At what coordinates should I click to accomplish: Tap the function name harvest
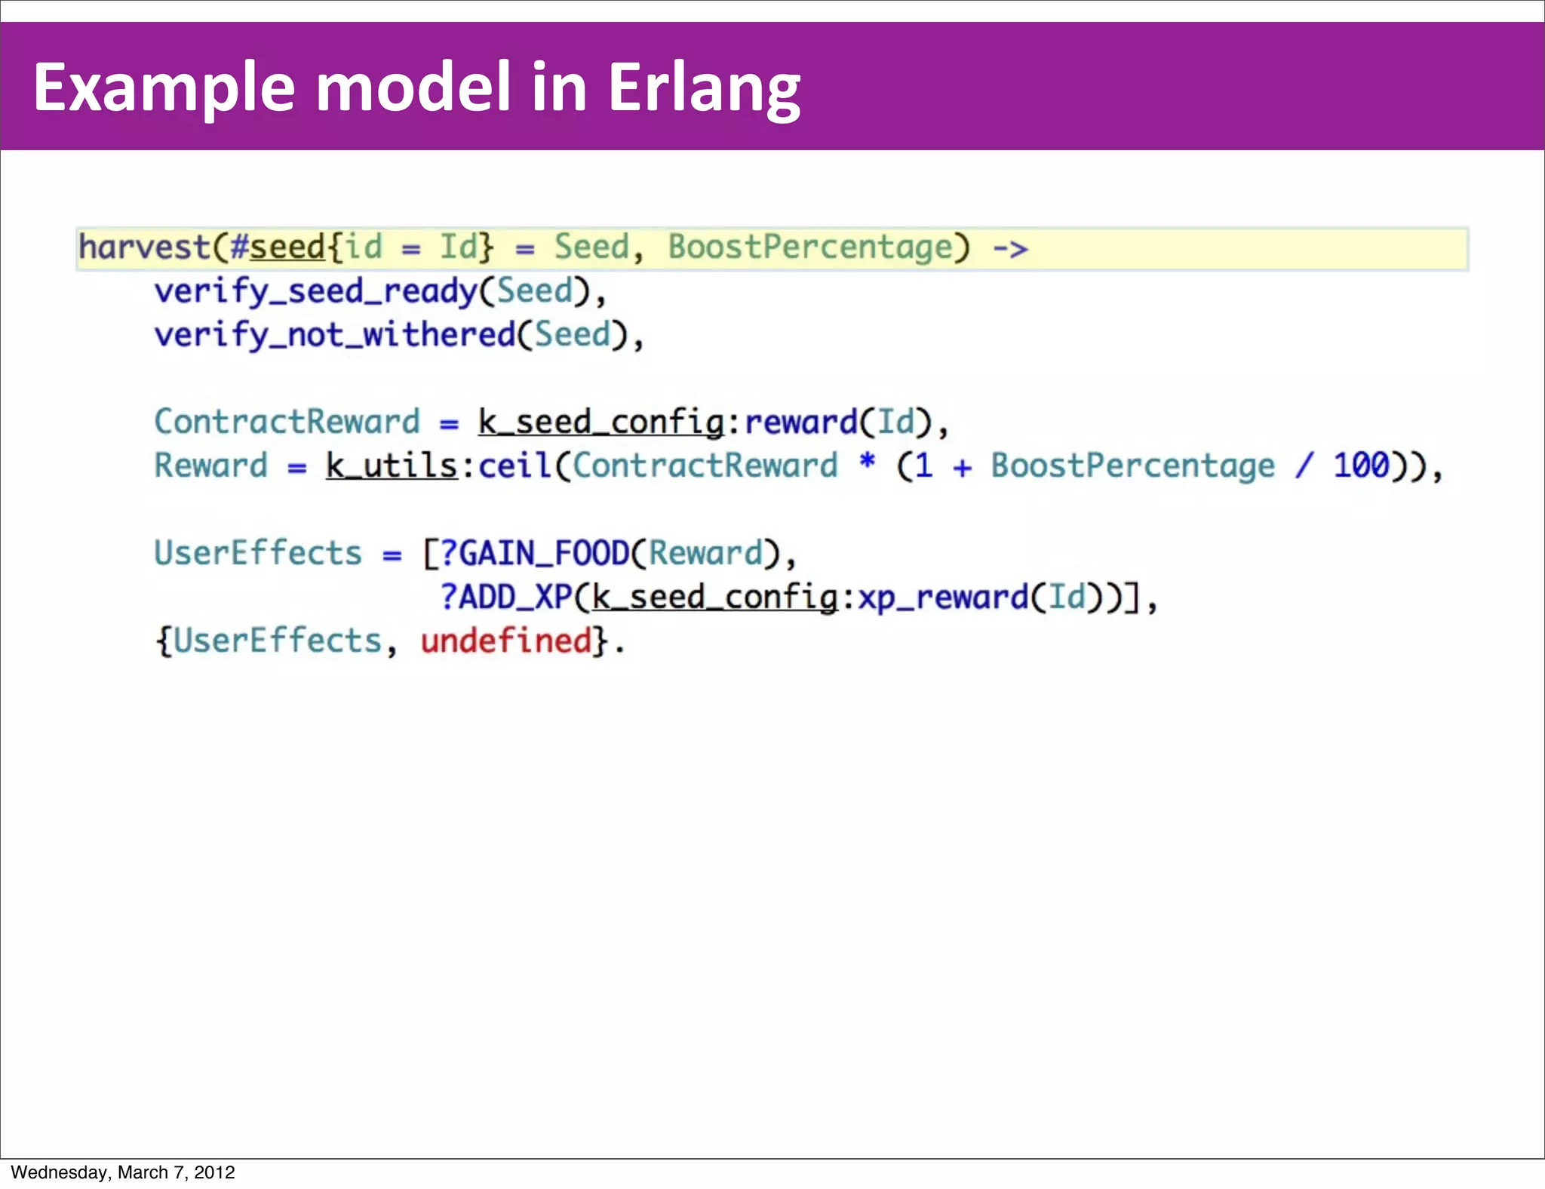tap(144, 247)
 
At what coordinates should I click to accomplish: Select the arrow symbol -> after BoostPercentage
tap(1009, 248)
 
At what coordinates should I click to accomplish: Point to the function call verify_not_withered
tap(335, 335)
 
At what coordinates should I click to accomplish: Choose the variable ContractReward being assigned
tap(287, 422)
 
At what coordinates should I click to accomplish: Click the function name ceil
tap(515, 465)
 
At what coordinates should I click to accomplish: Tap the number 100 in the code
tap(1361, 465)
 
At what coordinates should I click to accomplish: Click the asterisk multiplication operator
tap(868, 461)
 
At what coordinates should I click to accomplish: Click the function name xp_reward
tap(943, 597)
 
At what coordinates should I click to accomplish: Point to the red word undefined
tap(506, 641)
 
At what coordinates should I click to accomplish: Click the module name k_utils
tap(392, 465)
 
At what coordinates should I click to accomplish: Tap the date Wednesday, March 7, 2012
tap(123, 1172)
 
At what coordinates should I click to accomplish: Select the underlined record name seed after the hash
tap(287, 247)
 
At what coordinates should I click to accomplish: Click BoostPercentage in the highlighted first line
tap(810, 247)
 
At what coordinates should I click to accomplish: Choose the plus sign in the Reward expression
tap(962, 467)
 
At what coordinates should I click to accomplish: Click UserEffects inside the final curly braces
tap(278, 641)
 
